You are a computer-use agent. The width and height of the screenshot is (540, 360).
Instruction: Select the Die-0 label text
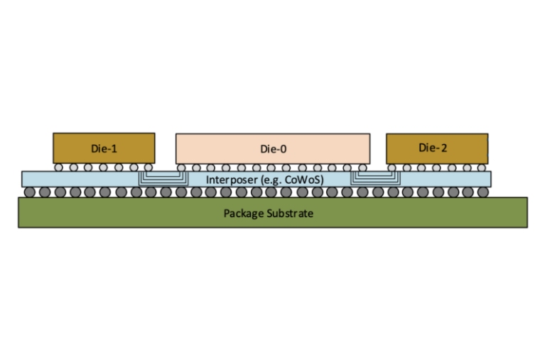click(x=273, y=149)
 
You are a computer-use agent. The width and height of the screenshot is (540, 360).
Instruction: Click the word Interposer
click(x=229, y=180)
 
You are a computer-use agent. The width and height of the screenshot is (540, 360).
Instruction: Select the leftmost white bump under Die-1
click(x=59, y=168)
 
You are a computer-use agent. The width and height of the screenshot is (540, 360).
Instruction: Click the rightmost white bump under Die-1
click(x=148, y=168)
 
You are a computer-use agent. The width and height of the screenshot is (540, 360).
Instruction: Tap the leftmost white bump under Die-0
click(x=182, y=168)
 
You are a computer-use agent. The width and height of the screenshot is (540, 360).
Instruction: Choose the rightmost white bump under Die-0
click(x=364, y=168)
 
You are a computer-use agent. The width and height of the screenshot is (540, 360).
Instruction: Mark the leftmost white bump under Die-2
click(x=392, y=168)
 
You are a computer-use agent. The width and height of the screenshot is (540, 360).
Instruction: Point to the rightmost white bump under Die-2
click(x=482, y=168)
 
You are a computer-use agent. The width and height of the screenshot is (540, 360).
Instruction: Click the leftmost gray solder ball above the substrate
click(x=29, y=192)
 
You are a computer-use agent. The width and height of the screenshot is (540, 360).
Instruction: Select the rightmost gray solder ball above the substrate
click(x=484, y=192)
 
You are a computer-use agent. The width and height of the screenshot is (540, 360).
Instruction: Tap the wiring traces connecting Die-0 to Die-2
click(x=371, y=178)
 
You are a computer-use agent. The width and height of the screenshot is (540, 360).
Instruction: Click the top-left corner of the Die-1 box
click(x=53, y=133)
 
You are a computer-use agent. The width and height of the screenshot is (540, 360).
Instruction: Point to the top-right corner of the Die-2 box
click(x=488, y=133)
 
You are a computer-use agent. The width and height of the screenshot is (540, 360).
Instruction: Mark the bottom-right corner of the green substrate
click(x=527, y=227)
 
